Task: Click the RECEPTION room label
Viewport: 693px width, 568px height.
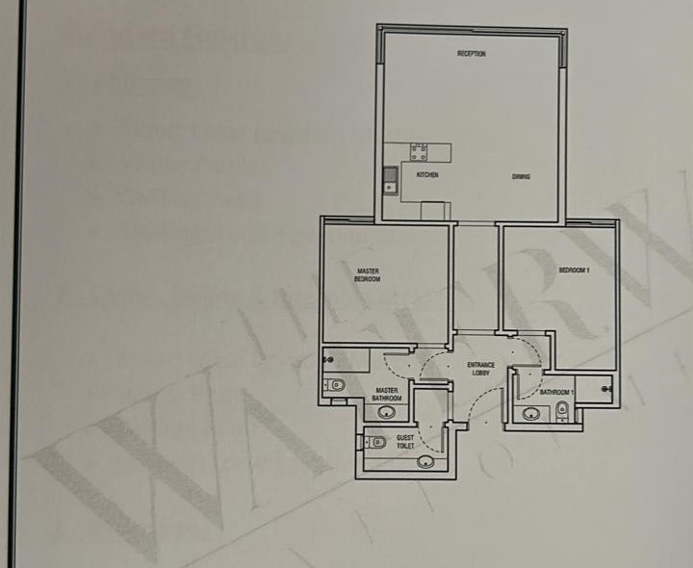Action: pyautogui.click(x=472, y=54)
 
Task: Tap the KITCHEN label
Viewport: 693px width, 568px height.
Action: pyautogui.click(x=427, y=175)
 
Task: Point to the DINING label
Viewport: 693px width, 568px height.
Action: pyautogui.click(x=521, y=176)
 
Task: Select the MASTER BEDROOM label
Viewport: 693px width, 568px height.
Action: pyautogui.click(x=368, y=275)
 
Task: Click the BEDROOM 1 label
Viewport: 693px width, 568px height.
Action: pyautogui.click(x=574, y=271)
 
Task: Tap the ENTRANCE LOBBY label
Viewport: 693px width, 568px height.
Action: pyautogui.click(x=480, y=368)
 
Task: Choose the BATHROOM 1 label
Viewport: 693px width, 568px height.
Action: pyautogui.click(x=556, y=393)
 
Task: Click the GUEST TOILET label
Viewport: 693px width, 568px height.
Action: pyautogui.click(x=406, y=442)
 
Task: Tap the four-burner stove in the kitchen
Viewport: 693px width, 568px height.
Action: pyautogui.click(x=419, y=151)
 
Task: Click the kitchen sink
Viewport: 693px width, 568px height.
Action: pyautogui.click(x=391, y=178)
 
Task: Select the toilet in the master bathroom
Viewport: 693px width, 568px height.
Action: pyautogui.click(x=337, y=385)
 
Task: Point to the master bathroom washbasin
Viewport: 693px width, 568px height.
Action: pyautogui.click(x=387, y=413)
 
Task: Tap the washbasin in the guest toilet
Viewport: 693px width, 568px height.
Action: pyautogui.click(x=424, y=462)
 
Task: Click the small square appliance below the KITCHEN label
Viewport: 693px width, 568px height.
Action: pyautogui.click(x=435, y=210)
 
